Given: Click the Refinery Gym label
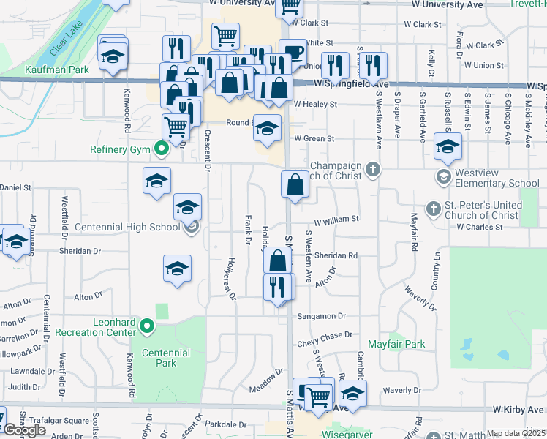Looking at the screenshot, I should click(120, 150).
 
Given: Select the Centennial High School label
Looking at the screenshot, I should click(138, 228).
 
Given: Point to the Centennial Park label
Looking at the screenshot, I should click(166, 358).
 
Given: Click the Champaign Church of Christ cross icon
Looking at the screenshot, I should click(373, 170).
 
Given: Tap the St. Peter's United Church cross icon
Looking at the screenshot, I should click(433, 209).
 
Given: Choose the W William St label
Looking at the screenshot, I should click(336, 219).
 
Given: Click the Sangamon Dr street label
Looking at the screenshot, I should click(321, 316).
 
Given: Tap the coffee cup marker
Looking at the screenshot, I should click(293, 52).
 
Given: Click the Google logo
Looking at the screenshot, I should click(24, 430).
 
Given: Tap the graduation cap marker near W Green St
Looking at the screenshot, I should click(268, 128).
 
